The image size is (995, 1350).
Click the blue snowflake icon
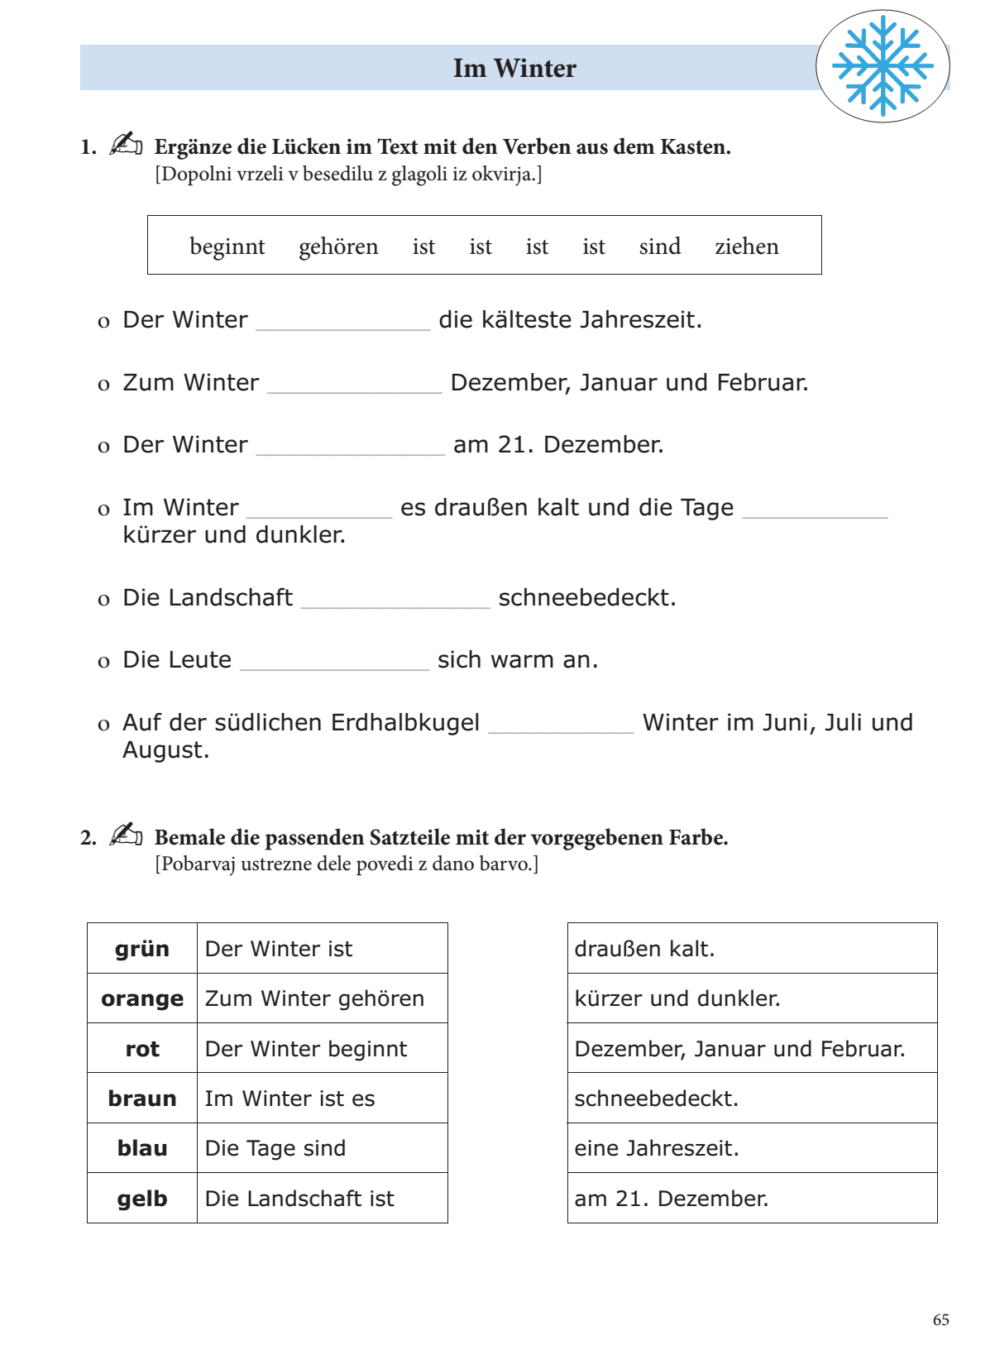click(x=883, y=65)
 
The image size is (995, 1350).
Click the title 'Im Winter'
click(x=514, y=68)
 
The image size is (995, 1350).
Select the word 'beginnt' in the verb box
click(x=227, y=247)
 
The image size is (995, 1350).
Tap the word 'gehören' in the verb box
click(x=338, y=247)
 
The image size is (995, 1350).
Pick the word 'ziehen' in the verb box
click(x=746, y=247)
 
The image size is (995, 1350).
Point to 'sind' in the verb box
click(x=659, y=247)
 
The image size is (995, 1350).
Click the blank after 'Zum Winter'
click(x=355, y=385)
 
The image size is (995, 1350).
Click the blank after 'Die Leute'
click(x=334, y=662)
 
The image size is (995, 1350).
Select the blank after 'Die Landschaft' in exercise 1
click(x=395, y=600)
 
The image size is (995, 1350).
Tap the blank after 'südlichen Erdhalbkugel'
click(x=561, y=725)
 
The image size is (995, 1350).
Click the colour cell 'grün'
click(x=142, y=949)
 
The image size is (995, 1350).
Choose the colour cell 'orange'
click(x=142, y=998)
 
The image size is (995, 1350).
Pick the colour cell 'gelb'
click(x=142, y=1199)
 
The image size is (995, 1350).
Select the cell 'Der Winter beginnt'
click(x=322, y=1049)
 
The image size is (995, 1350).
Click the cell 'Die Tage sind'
click(x=322, y=1148)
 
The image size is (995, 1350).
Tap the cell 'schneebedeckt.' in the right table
click(x=752, y=1099)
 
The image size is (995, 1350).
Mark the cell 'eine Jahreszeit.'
click(x=752, y=1148)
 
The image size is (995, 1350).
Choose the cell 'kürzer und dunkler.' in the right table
click(x=752, y=998)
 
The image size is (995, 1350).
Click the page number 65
click(x=940, y=1320)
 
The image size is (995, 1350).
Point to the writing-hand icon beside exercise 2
click(x=126, y=835)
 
